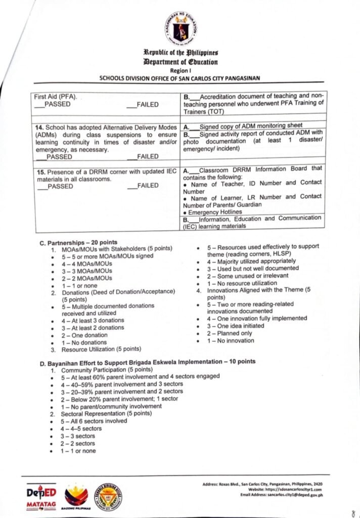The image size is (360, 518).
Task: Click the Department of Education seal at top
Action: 180,29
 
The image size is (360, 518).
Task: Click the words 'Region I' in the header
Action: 179,70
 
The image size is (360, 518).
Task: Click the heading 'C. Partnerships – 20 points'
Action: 78,242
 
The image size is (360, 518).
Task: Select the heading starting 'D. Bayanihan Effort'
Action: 148,362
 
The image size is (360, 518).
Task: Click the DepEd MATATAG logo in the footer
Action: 41,498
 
